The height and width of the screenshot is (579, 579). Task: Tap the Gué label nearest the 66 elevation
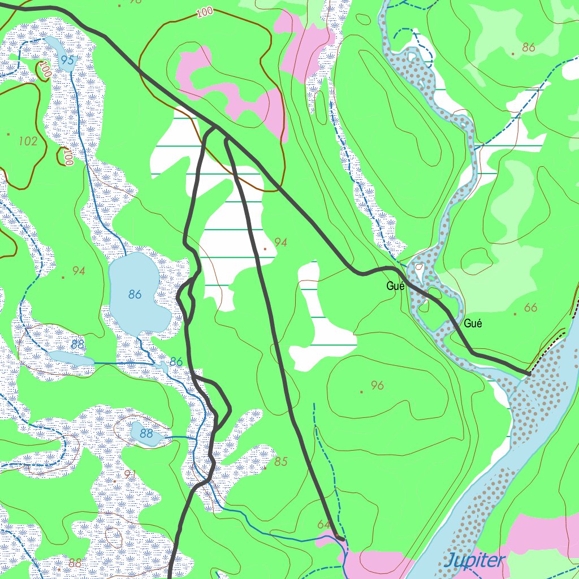pyautogui.click(x=473, y=324)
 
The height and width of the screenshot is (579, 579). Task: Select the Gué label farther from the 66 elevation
pyautogui.click(x=395, y=286)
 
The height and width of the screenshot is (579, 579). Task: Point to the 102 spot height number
pyautogui.click(x=28, y=141)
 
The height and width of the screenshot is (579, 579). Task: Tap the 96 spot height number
pyautogui.click(x=377, y=386)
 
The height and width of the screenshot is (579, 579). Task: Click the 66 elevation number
pyautogui.click(x=530, y=308)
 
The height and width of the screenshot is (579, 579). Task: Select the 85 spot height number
pyautogui.click(x=281, y=461)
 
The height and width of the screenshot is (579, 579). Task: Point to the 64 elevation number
pyautogui.click(x=323, y=525)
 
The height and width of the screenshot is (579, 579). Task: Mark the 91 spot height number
pyautogui.click(x=129, y=474)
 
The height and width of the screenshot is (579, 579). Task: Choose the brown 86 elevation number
pyautogui.click(x=529, y=47)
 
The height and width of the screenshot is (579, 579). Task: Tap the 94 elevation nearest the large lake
pyautogui.click(x=79, y=271)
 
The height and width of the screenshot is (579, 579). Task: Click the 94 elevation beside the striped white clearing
pyautogui.click(x=281, y=243)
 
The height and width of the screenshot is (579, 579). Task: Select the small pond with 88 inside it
pyautogui.click(x=146, y=434)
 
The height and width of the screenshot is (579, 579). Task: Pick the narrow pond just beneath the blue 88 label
pyautogui.click(x=71, y=357)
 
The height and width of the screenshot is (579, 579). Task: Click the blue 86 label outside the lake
pyautogui.click(x=176, y=362)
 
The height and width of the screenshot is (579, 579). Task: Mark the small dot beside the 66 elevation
pyautogui.click(x=516, y=313)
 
